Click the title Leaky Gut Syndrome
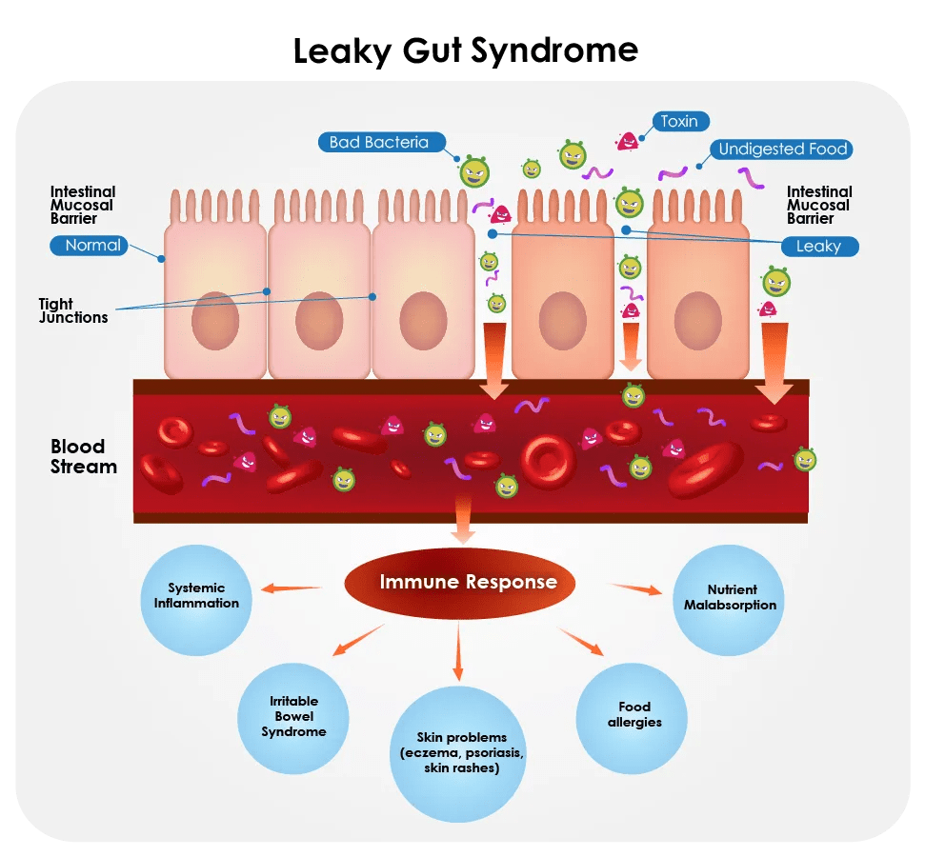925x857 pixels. (x=465, y=50)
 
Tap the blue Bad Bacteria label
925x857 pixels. (x=379, y=143)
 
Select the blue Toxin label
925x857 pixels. (x=680, y=121)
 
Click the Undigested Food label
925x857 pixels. (x=782, y=149)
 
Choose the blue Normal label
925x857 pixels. (x=92, y=246)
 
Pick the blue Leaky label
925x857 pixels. (x=818, y=247)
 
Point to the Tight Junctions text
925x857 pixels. (x=72, y=311)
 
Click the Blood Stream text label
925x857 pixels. (x=84, y=457)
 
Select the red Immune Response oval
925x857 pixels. (x=468, y=582)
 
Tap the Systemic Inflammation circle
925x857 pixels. (x=196, y=596)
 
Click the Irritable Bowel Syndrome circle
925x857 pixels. (x=293, y=717)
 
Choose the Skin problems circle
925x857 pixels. (x=461, y=752)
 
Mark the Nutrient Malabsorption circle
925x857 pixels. (x=729, y=598)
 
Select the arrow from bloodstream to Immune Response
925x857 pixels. (x=463, y=520)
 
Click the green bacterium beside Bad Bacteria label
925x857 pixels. (x=474, y=171)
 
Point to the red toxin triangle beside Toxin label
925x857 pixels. (x=627, y=141)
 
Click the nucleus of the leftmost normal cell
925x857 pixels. (x=215, y=323)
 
